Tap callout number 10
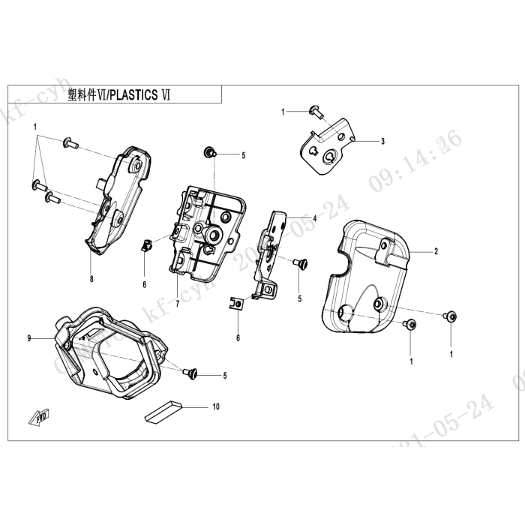[216, 407]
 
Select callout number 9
[29, 339]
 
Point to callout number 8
[91, 279]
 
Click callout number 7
[177, 305]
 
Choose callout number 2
[436, 252]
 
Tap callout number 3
[382, 141]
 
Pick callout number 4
[315, 218]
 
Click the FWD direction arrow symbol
[39, 417]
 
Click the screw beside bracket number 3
[315, 112]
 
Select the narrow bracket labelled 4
[269, 251]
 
